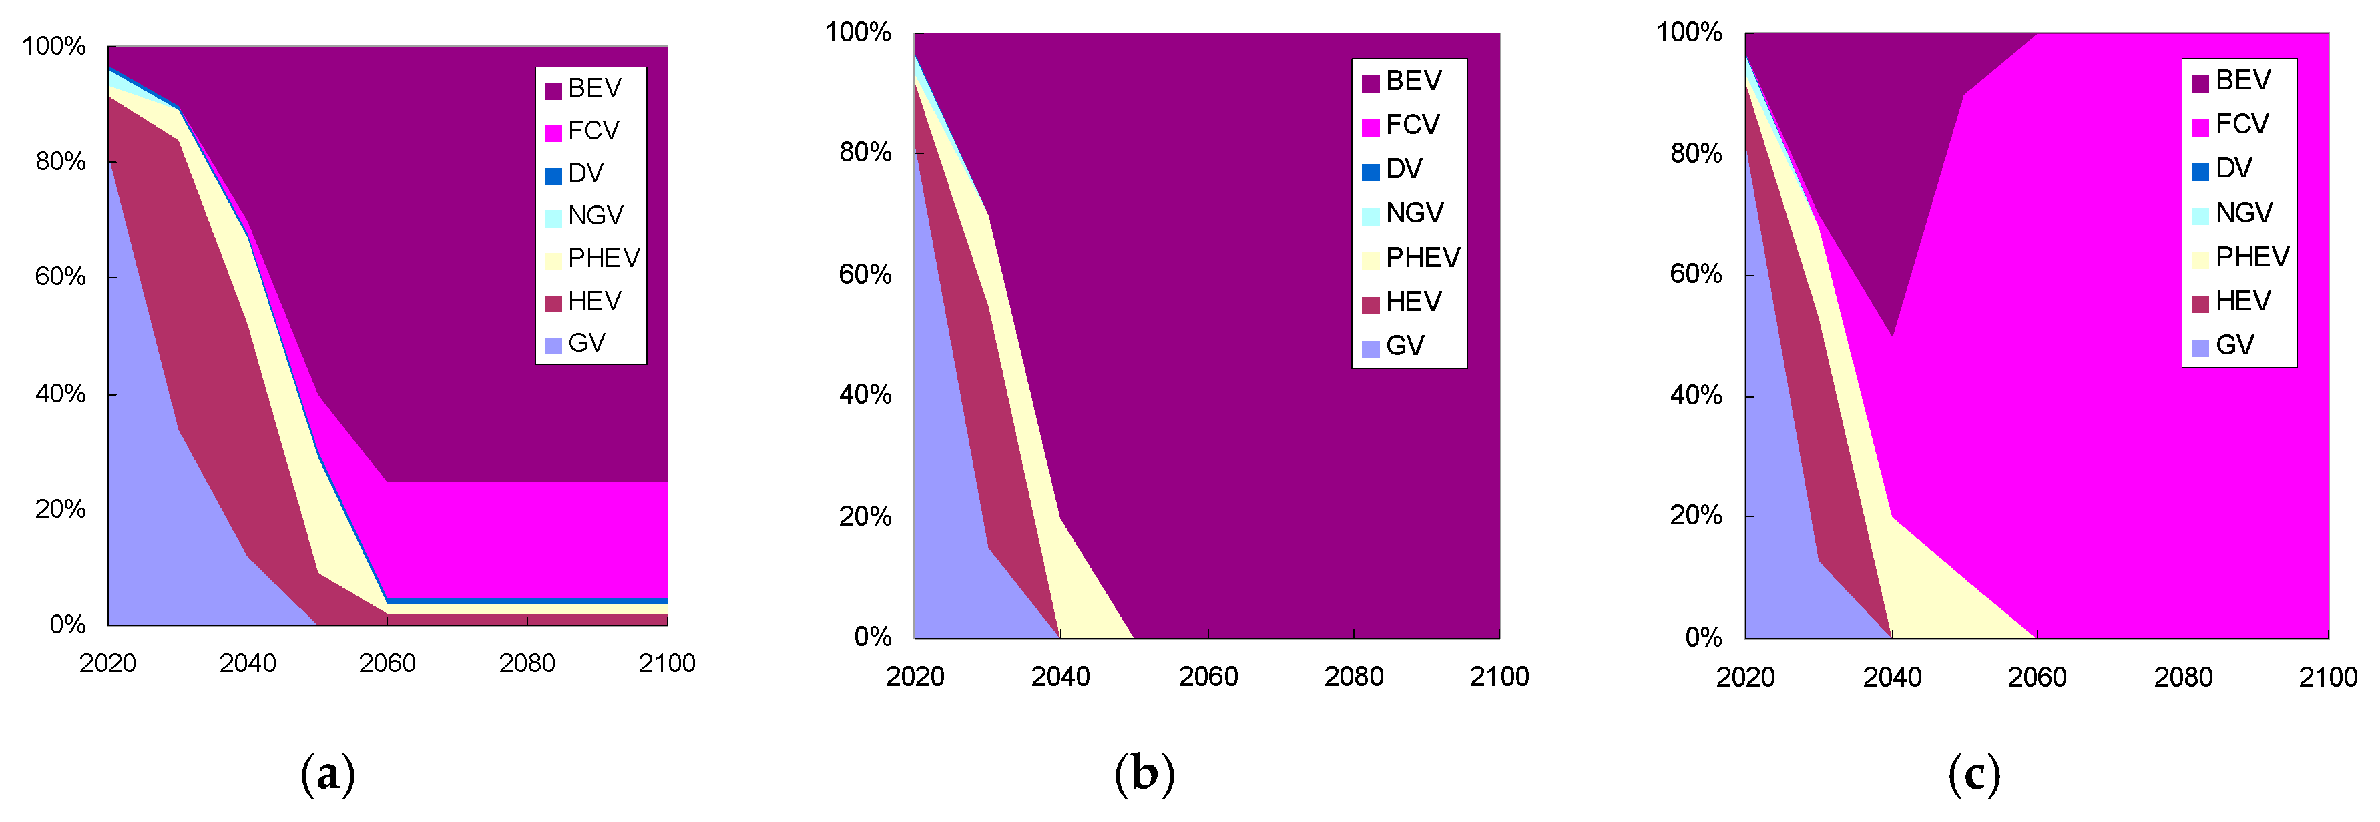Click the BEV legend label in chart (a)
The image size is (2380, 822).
(594, 89)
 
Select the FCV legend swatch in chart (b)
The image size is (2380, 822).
(1370, 127)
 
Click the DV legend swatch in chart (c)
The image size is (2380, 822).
(2200, 171)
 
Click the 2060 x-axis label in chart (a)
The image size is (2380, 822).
(387, 663)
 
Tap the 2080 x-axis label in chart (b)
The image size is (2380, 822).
(1353, 677)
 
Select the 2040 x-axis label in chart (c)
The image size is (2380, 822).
(1891, 678)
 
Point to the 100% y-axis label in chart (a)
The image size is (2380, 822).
(53, 46)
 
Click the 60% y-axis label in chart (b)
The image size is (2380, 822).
(865, 274)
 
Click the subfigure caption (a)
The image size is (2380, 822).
(328, 774)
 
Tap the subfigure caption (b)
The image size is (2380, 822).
(1144, 774)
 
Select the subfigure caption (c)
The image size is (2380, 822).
(1973, 774)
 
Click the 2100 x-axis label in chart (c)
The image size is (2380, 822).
(2327, 678)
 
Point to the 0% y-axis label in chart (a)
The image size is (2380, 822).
(67, 625)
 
